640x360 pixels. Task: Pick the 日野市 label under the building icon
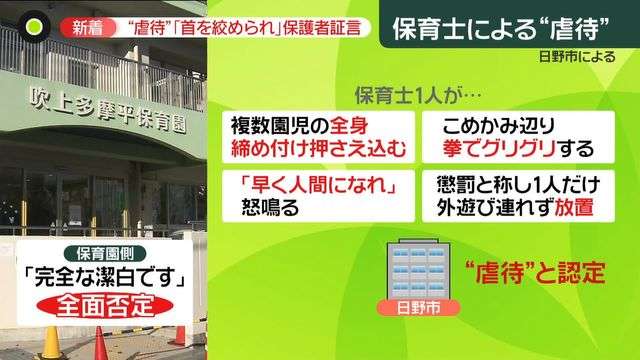[413, 311]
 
